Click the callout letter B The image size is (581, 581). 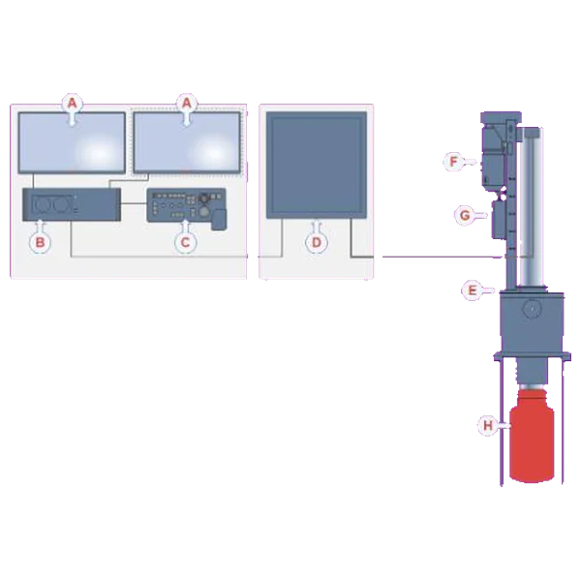(40, 243)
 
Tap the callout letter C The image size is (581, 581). (185, 243)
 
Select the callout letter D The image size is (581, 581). (317, 243)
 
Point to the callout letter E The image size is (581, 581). (473, 290)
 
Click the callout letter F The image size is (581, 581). (453, 162)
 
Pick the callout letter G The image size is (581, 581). (465, 215)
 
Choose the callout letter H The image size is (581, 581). (488, 425)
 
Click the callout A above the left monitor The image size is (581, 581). (72, 103)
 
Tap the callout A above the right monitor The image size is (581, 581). (186, 103)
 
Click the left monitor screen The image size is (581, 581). (72, 142)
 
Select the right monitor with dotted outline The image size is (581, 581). (187, 142)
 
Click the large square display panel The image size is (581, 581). (317, 165)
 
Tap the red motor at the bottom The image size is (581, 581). (532, 436)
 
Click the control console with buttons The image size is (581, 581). (186, 206)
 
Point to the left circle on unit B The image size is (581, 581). (42, 204)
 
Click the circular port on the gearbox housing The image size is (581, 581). (531, 308)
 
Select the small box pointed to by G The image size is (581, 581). (499, 219)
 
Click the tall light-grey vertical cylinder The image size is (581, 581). (531, 207)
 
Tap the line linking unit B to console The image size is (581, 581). (134, 203)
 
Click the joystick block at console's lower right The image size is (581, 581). (219, 220)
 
